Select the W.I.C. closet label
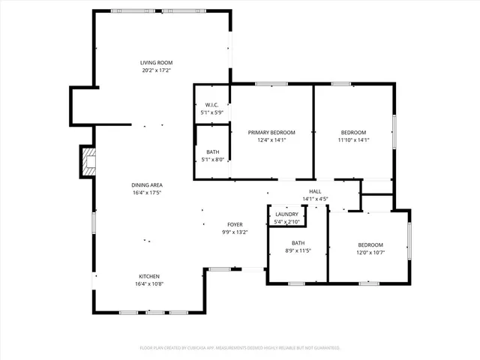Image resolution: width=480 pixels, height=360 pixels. [x=211, y=105]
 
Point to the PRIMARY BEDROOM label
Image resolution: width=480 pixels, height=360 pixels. [x=271, y=132]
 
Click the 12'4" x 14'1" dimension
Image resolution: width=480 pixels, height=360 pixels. [x=271, y=139]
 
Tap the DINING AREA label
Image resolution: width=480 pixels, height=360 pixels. [x=147, y=184]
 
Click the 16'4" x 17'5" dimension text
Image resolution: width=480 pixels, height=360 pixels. [x=147, y=193]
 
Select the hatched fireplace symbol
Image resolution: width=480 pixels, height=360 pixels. [x=89, y=162]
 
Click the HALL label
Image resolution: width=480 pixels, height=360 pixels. [x=315, y=191]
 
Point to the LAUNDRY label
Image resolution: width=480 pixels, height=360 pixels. [x=286, y=214]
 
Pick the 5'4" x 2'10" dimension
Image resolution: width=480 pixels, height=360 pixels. [x=286, y=222]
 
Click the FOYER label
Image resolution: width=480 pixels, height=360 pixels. [x=235, y=224]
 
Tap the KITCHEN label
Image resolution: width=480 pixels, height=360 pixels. [x=148, y=276]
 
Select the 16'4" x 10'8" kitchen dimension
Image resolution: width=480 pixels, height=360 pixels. [x=148, y=284]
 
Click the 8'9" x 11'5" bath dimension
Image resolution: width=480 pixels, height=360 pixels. [x=298, y=250]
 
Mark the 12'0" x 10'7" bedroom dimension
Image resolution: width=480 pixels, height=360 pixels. [x=370, y=253]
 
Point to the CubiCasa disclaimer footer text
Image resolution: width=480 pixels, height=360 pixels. [x=240, y=348]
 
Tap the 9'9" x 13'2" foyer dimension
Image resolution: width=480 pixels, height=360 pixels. [x=235, y=232]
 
